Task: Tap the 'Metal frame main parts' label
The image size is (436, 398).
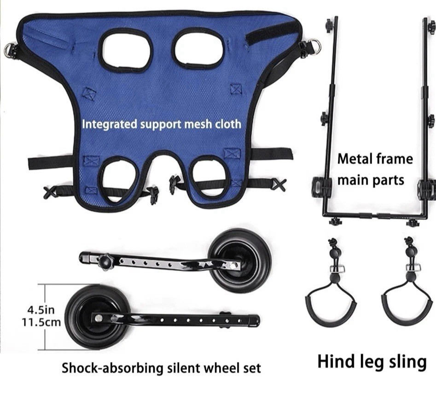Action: point(375,169)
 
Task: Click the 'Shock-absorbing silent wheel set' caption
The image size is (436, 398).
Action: point(161,368)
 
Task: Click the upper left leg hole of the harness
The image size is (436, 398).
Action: point(126,50)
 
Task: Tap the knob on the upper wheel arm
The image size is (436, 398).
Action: point(106,262)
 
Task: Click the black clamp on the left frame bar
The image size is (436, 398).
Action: point(323,187)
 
